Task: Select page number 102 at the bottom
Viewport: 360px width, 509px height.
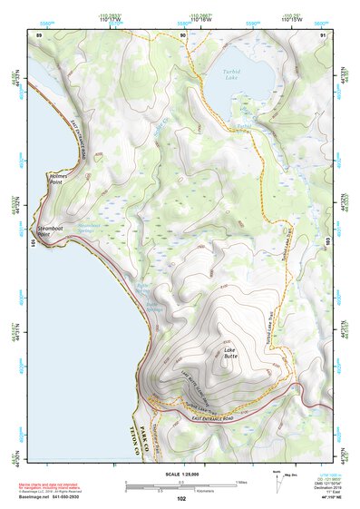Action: (x=180, y=500)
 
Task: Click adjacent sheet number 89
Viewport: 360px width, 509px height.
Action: (x=39, y=35)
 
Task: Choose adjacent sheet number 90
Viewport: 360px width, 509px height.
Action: (x=182, y=35)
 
